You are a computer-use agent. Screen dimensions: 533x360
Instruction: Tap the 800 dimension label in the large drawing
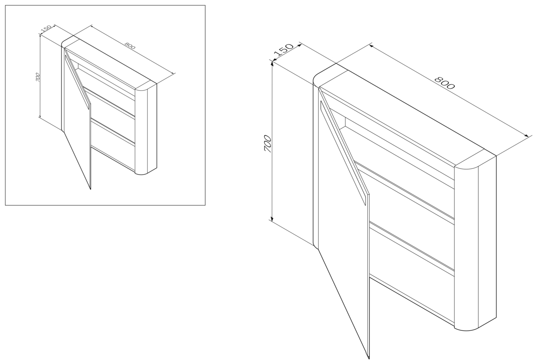click(x=444, y=82)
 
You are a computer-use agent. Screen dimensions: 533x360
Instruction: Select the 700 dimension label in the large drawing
click(x=268, y=144)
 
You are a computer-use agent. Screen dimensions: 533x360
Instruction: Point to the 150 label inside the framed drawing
click(x=46, y=29)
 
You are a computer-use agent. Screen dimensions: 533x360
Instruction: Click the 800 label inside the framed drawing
click(x=130, y=46)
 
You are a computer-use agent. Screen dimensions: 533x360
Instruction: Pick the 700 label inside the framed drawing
click(x=37, y=77)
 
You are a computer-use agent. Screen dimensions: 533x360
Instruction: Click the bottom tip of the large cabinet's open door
click(x=369, y=358)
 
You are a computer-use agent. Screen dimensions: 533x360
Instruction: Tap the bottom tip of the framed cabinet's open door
click(x=90, y=189)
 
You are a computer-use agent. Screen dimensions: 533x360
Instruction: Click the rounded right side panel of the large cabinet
click(x=475, y=243)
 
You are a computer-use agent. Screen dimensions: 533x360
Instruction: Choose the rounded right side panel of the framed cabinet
click(x=146, y=129)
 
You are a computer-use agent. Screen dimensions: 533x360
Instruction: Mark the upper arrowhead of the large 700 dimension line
click(x=272, y=63)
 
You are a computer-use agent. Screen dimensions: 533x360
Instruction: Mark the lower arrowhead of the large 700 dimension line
click(x=272, y=219)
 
